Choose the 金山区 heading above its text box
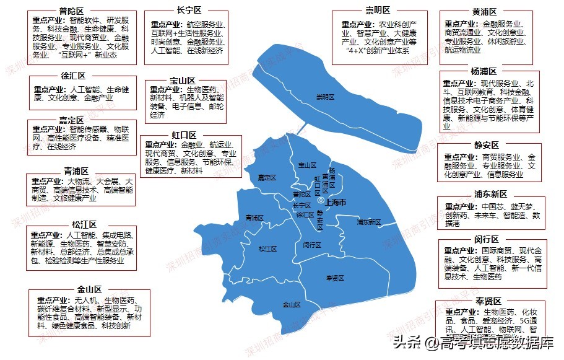90,289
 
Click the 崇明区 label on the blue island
325,97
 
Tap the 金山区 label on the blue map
291,304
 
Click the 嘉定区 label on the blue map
266,178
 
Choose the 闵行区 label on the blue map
312,245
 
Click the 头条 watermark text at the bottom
405,342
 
